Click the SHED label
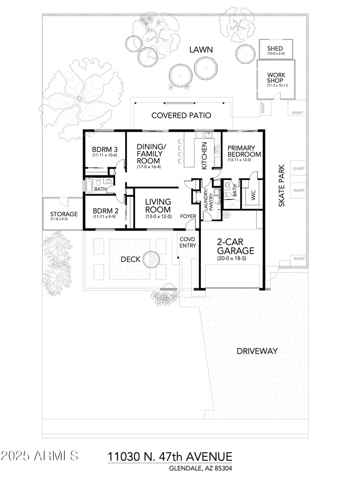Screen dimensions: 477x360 [x=274, y=49]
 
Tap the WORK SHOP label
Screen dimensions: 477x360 [x=276, y=79]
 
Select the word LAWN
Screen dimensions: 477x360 [x=201, y=49]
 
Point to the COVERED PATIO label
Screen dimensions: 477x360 [x=181, y=116]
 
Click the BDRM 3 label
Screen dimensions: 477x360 [x=105, y=150]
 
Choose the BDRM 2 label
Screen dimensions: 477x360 [x=105, y=211]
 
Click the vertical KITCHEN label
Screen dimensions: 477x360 [x=204, y=156]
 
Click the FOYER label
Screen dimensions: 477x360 [x=188, y=216]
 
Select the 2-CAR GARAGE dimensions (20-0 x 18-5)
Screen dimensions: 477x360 [x=235, y=259]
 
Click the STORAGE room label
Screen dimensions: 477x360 [x=63, y=214]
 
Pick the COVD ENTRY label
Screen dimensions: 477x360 [x=188, y=242]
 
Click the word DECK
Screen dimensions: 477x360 [x=131, y=259]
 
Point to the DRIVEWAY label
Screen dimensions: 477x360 [x=257, y=351]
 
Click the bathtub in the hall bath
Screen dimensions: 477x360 [x=89, y=186]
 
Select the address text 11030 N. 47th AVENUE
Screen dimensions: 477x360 [x=170, y=457]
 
